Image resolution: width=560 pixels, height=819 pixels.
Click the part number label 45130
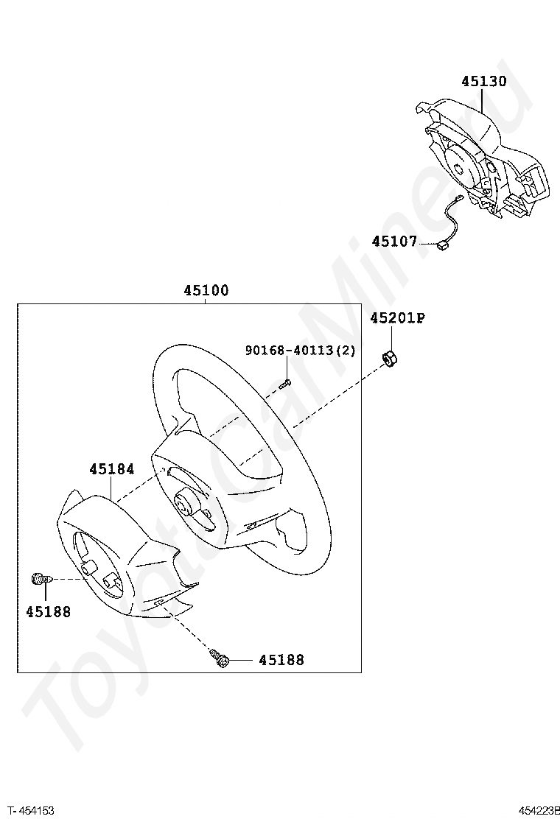coord(483,82)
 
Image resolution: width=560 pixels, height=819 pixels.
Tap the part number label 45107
coord(394,242)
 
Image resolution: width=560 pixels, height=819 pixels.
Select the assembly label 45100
coord(206,290)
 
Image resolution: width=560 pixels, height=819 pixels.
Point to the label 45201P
coord(398,317)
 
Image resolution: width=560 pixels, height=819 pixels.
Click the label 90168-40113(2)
coord(301,350)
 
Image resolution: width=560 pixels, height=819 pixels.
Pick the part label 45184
coord(112,469)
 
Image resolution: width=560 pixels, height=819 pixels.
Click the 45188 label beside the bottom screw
coord(281,660)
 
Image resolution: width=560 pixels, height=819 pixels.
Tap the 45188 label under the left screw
coord(48,611)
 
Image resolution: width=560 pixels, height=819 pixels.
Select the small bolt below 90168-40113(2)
coord(284,384)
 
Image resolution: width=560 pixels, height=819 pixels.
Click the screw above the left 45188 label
coord(42,579)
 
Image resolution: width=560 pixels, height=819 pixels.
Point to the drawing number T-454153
coord(31,809)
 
